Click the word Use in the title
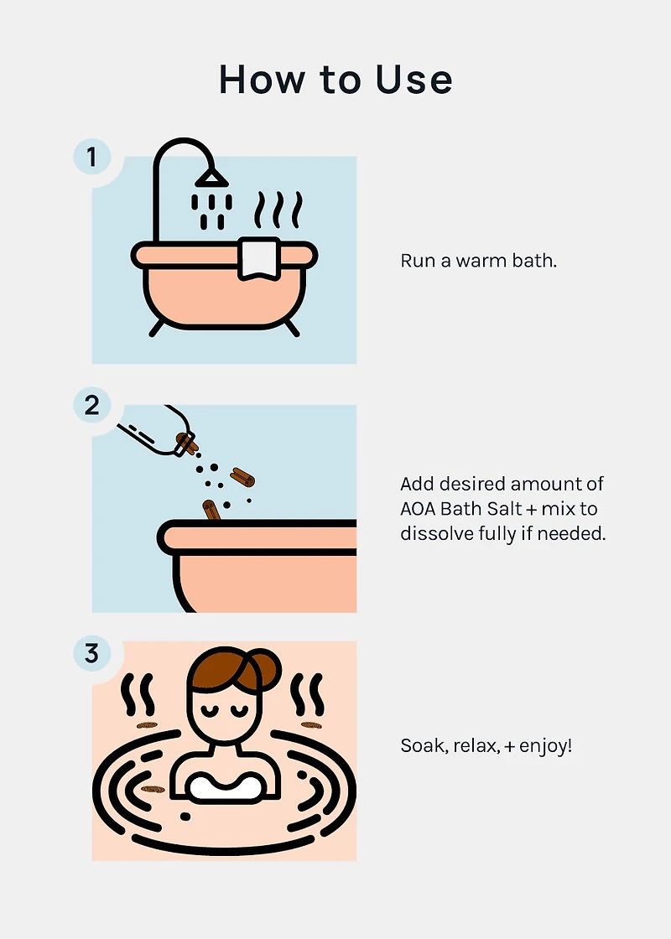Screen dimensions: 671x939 tap(414, 79)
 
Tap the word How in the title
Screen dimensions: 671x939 tap(261, 79)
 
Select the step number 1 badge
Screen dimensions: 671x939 tap(91, 157)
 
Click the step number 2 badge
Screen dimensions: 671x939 tap(91, 406)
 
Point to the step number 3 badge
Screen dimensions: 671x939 tap(91, 653)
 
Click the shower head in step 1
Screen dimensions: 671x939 tap(211, 177)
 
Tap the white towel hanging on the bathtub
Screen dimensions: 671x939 tap(259, 259)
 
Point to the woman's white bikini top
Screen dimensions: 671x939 tap(226, 786)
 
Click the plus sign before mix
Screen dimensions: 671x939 tap(531, 510)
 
